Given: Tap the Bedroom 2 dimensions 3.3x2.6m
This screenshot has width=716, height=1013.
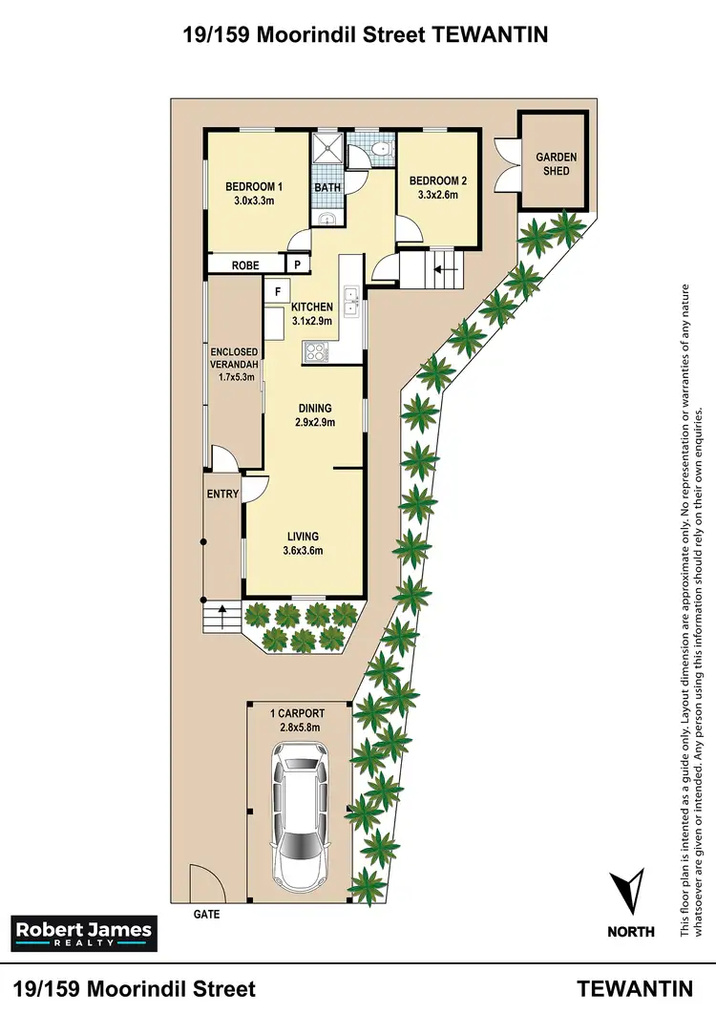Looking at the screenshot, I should [x=433, y=195].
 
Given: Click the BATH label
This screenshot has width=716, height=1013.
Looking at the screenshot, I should [x=327, y=188].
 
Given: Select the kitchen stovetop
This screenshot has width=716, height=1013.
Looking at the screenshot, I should [x=315, y=351].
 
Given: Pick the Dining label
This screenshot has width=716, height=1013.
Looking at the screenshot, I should [x=314, y=408].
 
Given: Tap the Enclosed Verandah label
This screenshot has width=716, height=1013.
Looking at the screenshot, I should [x=235, y=365].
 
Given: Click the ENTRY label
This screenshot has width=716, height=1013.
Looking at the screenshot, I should [x=222, y=494].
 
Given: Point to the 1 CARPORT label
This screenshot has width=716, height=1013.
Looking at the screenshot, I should [x=298, y=713].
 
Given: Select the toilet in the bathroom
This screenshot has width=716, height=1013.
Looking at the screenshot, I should [x=379, y=149].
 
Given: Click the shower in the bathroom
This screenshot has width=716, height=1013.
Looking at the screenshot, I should [x=327, y=151].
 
